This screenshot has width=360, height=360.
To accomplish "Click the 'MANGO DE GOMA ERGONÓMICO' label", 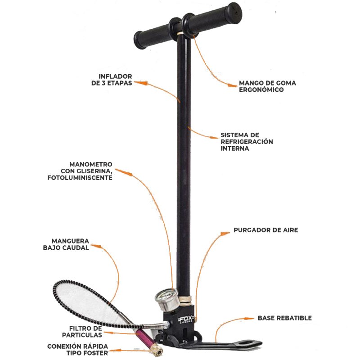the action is pos(267,86).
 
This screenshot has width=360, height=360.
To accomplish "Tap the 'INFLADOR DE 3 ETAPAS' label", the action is pos(112,80).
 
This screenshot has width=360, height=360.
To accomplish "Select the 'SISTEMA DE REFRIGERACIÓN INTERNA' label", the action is pos(247,142).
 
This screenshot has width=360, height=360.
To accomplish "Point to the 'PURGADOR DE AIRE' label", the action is pos(266,230).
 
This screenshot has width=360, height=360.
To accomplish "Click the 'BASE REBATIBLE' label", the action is pos(285,318).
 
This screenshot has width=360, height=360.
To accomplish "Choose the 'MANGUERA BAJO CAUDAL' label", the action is pos(66,244).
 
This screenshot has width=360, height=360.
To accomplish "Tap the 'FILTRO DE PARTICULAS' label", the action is pos(82,332).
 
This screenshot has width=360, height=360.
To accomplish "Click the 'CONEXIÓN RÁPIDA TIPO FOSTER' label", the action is pos(77,350).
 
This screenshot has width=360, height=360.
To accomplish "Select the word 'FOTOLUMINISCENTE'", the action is pos(80,178).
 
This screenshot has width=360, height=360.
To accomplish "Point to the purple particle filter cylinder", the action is pos(143,337).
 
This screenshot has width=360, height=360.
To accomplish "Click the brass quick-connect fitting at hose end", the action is pos(157,351).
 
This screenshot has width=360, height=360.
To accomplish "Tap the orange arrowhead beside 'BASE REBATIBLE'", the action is pos(249,319).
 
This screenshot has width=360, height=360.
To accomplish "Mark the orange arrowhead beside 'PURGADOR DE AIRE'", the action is pos(225,234).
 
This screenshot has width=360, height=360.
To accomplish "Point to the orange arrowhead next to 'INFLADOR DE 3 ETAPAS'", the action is pos(142,83).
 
